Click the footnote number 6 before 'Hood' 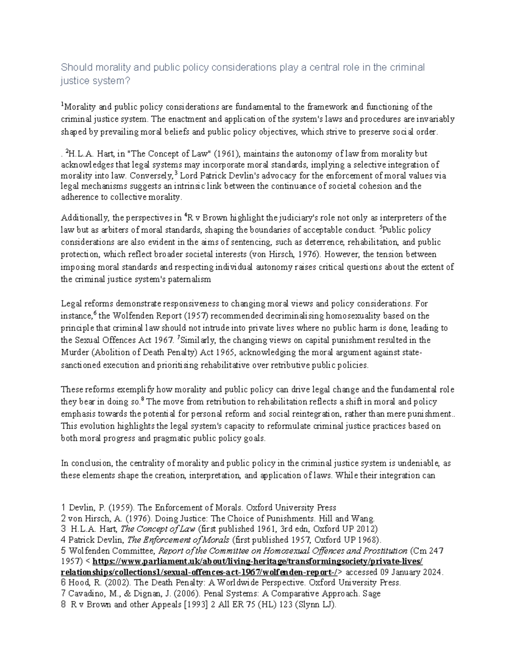[x=63, y=583]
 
